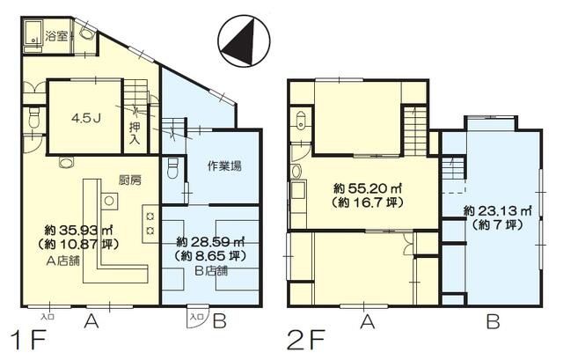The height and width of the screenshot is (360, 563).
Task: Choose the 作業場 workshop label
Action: (x=224, y=166)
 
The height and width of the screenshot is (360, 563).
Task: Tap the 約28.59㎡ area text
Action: (x=210, y=241)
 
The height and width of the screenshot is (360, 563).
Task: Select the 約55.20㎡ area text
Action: (x=363, y=188)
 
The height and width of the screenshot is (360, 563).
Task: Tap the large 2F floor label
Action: (x=305, y=338)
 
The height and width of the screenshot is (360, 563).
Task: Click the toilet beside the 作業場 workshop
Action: (x=173, y=165)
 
